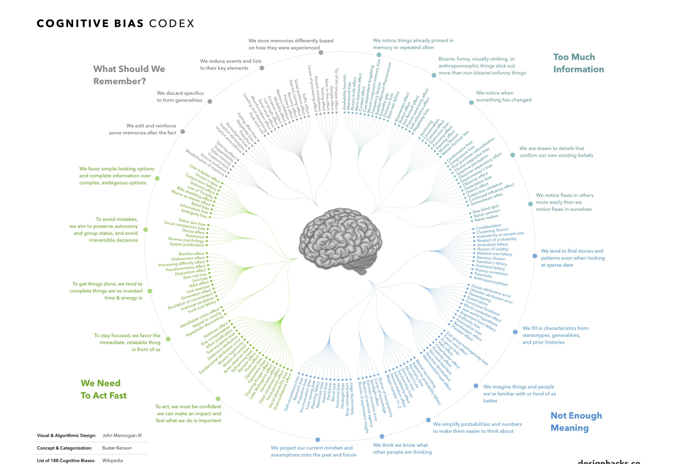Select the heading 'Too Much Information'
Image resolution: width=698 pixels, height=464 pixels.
tap(578, 63)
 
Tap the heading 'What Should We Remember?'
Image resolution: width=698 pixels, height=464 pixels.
tap(129, 75)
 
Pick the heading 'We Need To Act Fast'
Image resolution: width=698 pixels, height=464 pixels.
tap(104, 389)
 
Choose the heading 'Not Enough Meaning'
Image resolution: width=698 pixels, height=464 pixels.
tap(576, 422)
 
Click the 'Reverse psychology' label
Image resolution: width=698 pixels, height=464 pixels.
tap(187, 239)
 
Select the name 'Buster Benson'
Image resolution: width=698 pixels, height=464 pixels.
tap(117, 448)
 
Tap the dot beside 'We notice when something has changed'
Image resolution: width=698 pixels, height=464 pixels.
tap(471, 103)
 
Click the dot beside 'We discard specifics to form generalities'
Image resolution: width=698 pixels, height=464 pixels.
tap(209, 101)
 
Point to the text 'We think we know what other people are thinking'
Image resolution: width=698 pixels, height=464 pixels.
tap(401, 448)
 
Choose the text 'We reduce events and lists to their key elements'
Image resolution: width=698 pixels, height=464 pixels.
tap(230, 64)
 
